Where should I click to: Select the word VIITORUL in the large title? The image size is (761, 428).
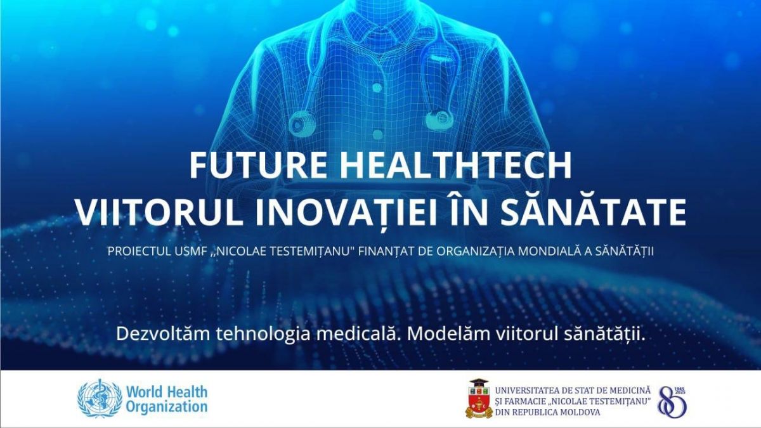click(x=160, y=212)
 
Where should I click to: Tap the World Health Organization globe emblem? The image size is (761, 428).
click(x=100, y=398)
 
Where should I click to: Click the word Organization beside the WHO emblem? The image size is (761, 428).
click(x=166, y=406)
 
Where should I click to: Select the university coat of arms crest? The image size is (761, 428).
click(x=479, y=398)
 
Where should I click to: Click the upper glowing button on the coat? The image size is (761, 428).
click(x=377, y=88)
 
